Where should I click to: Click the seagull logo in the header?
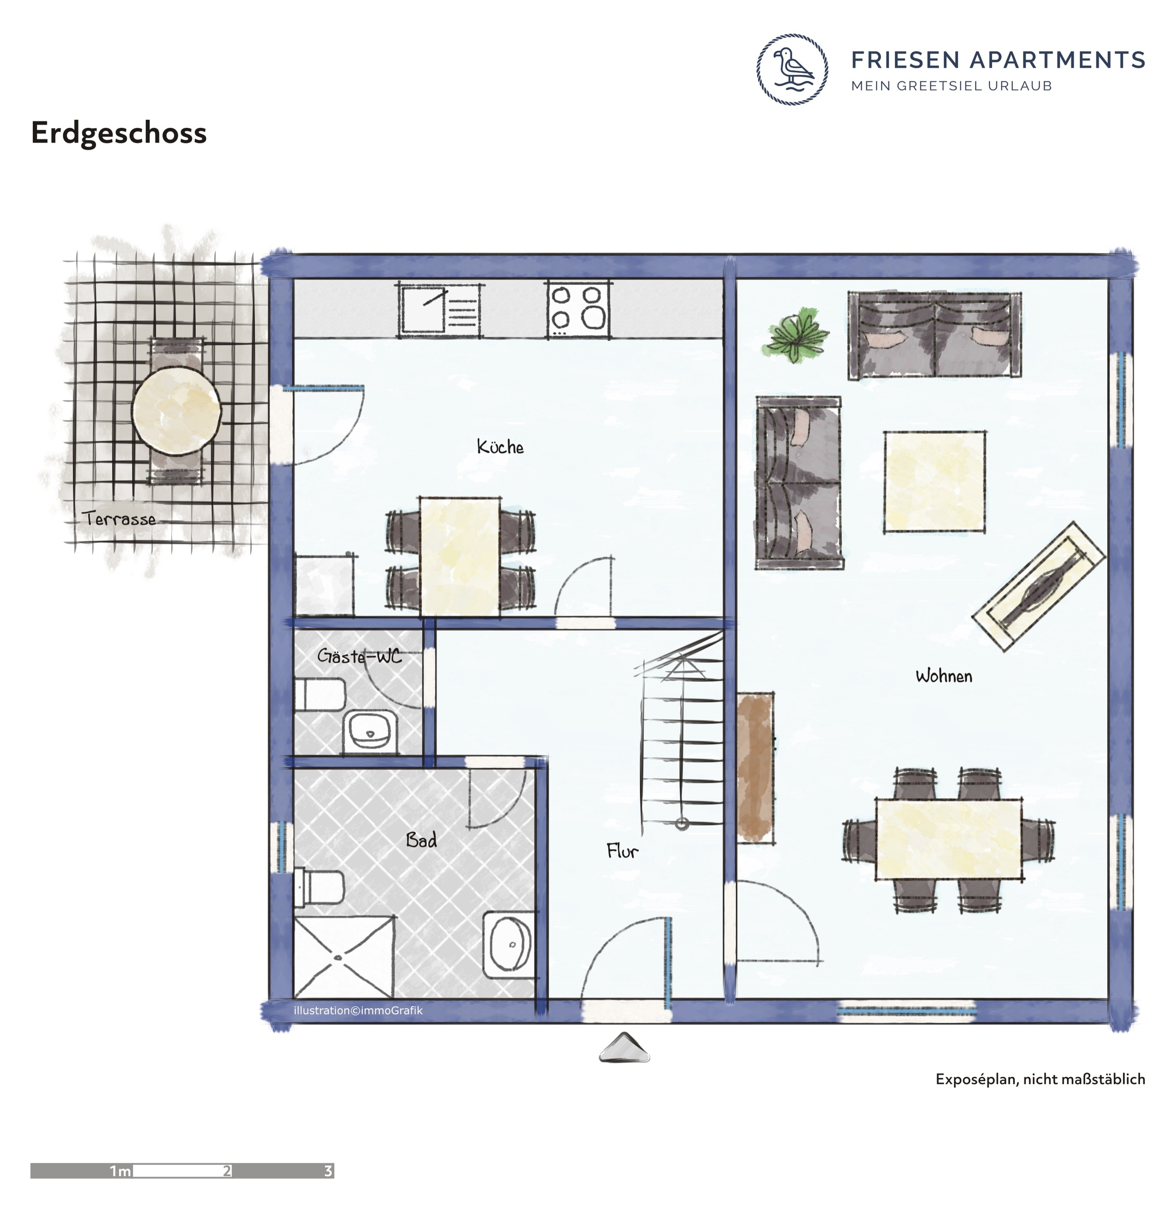point(792,69)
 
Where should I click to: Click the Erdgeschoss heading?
point(118,133)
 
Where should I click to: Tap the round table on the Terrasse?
point(177,411)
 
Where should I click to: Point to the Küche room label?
point(500,447)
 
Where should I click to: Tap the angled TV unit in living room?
point(1039,586)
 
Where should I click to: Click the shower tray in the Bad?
point(344,957)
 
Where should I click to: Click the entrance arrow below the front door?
point(624,1047)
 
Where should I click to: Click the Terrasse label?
point(118,518)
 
